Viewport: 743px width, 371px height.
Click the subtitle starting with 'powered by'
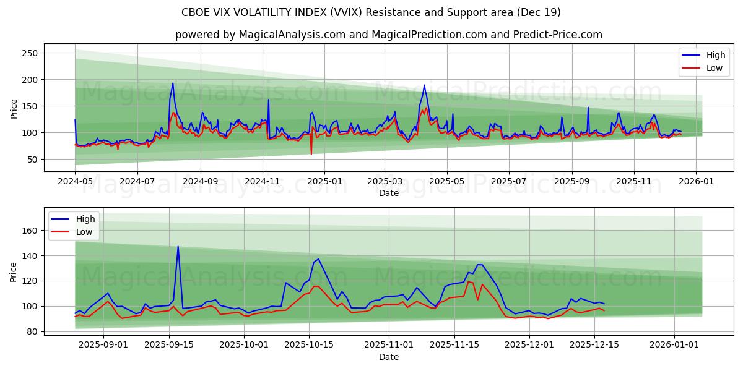pos(388,35)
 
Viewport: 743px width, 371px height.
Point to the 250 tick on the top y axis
pos(30,53)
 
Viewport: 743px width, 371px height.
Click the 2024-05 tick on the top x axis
pos(75,182)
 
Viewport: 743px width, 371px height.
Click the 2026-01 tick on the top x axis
pos(696,182)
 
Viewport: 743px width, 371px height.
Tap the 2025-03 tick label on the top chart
pos(385,182)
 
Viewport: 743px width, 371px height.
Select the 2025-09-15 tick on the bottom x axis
pos(170,344)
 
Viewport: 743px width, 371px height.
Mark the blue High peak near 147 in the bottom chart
pos(178,247)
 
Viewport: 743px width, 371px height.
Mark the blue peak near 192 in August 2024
pos(173,83)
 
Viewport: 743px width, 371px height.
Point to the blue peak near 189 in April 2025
pos(425,85)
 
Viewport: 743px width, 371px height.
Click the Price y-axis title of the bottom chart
pos(14,271)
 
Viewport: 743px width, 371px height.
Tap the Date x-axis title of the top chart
pos(388,194)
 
